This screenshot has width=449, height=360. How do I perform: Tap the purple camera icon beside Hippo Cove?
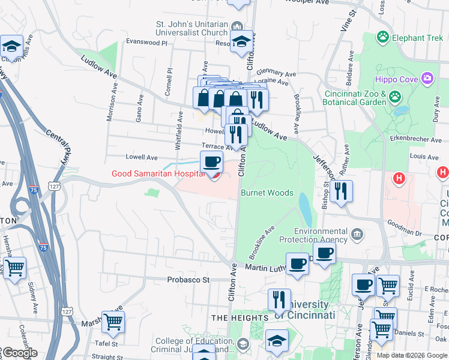(x=427, y=78)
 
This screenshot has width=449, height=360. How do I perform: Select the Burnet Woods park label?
(x=267, y=193)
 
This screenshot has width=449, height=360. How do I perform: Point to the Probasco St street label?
(x=188, y=280)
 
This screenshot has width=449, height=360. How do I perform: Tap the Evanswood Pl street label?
(x=146, y=43)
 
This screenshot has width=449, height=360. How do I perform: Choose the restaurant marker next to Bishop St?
(x=341, y=191)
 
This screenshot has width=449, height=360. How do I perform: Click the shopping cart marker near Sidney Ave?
(x=14, y=267)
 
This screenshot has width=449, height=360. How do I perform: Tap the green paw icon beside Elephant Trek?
(x=383, y=37)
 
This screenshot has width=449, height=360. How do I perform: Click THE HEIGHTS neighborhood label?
(x=240, y=317)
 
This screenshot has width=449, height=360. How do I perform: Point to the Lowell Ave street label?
(x=141, y=157)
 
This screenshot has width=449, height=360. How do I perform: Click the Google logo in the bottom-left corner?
(x=19, y=352)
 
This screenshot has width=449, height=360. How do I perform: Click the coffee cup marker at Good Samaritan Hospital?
(x=211, y=161)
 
